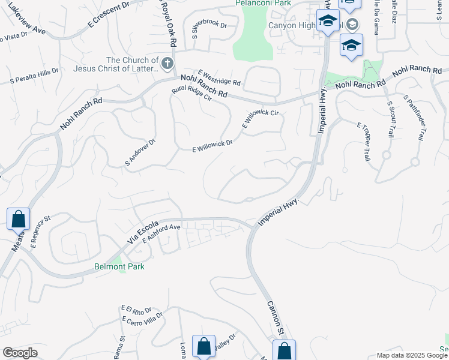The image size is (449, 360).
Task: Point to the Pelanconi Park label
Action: click(264, 3)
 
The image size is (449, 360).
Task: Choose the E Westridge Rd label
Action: click(218, 77)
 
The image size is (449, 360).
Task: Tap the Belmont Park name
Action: click(119, 266)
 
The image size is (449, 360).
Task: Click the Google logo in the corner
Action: click(20, 353)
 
